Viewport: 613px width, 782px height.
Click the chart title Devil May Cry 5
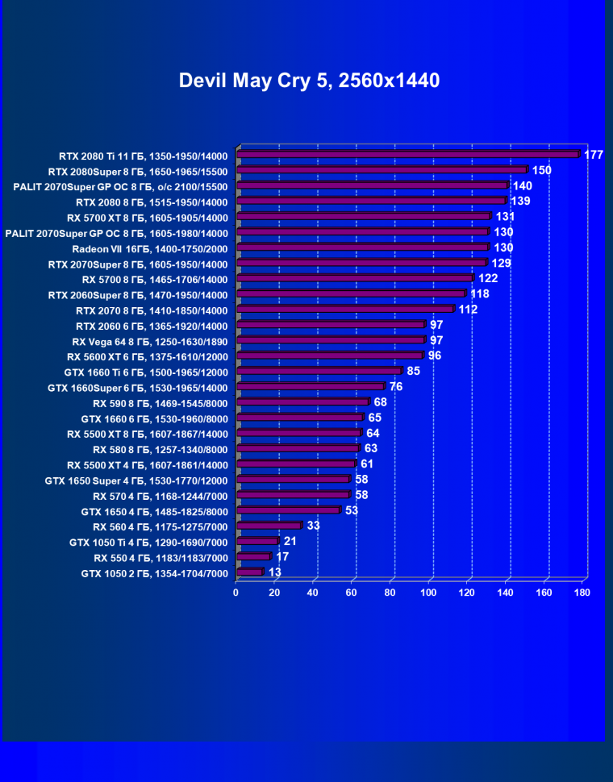(x=309, y=81)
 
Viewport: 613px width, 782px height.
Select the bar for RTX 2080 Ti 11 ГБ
(x=407, y=155)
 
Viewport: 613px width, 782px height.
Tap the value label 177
(x=594, y=155)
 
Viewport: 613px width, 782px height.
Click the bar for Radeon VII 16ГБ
(x=362, y=247)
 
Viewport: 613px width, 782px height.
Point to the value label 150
(x=541, y=170)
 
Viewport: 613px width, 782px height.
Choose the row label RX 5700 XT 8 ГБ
(x=148, y=218)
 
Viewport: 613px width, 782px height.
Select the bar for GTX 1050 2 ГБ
(x=249, y=572)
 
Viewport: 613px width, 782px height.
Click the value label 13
(x=275, y=572)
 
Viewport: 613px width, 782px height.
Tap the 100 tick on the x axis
(x=428, y=593)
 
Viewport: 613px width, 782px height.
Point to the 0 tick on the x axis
(x=236, y=593)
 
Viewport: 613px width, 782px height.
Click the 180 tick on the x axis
(x=582, y=593)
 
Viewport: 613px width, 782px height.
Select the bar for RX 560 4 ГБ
(x=268, y=526)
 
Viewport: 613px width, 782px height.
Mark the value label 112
(x=469, y=310)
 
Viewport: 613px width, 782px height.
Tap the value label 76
(x=396, y=387)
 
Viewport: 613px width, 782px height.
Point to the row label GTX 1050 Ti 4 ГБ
(x=148, y=543)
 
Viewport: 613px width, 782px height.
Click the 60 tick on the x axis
(x=351, y=593)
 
